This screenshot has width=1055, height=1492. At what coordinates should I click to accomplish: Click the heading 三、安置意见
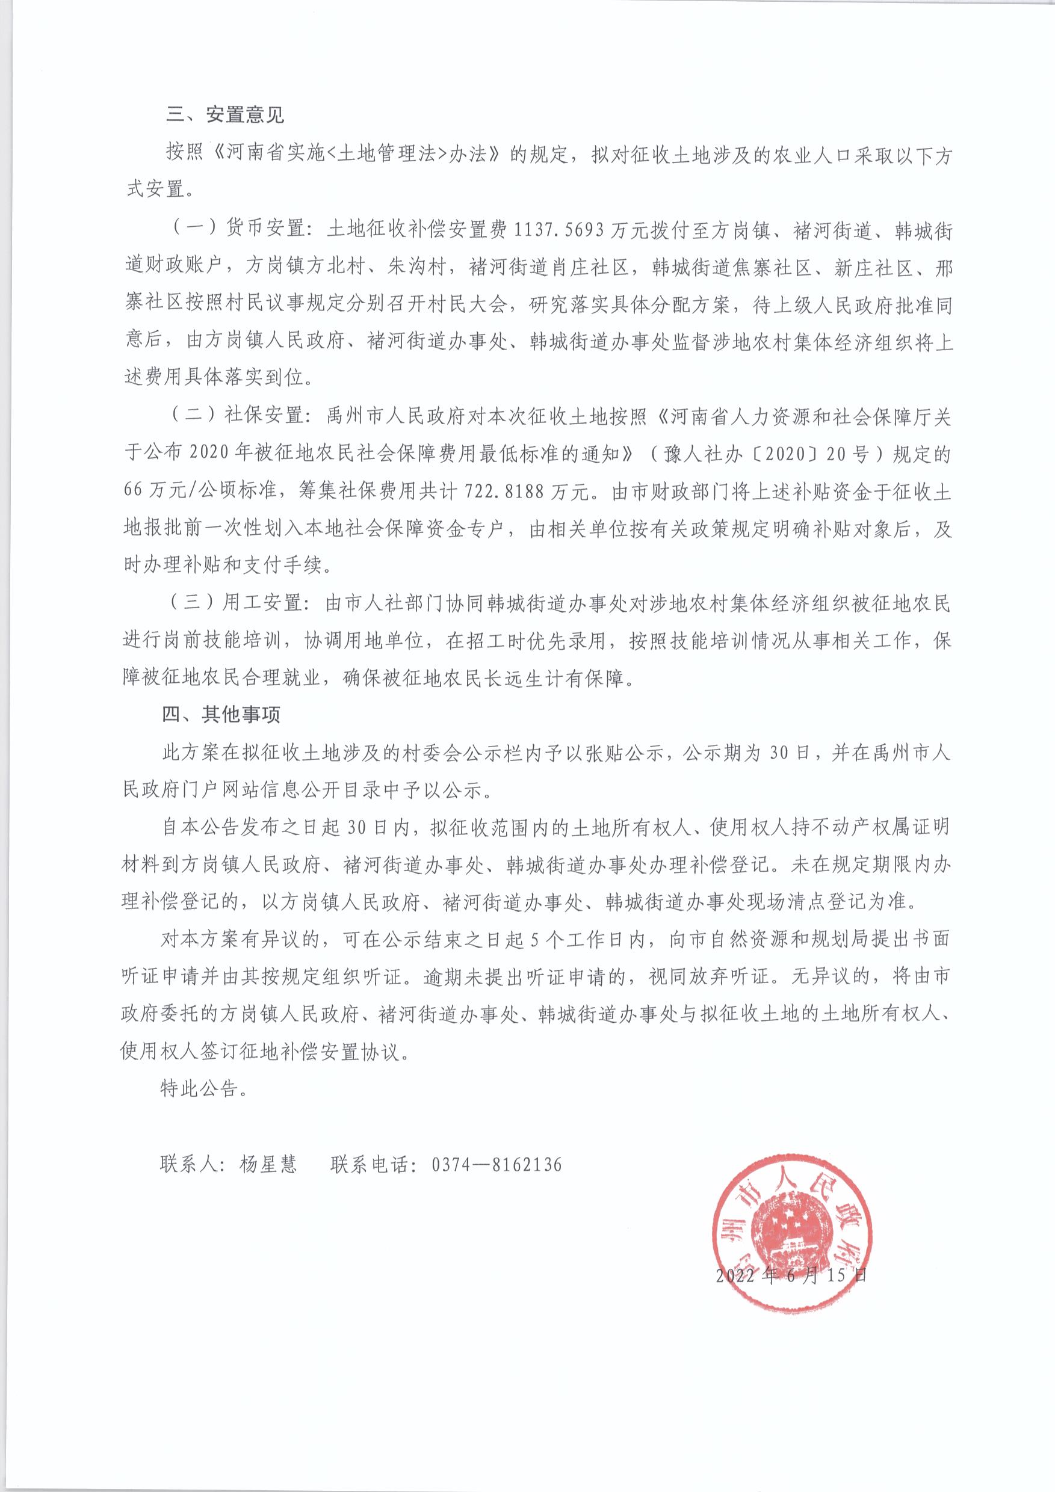click(225, 116)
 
